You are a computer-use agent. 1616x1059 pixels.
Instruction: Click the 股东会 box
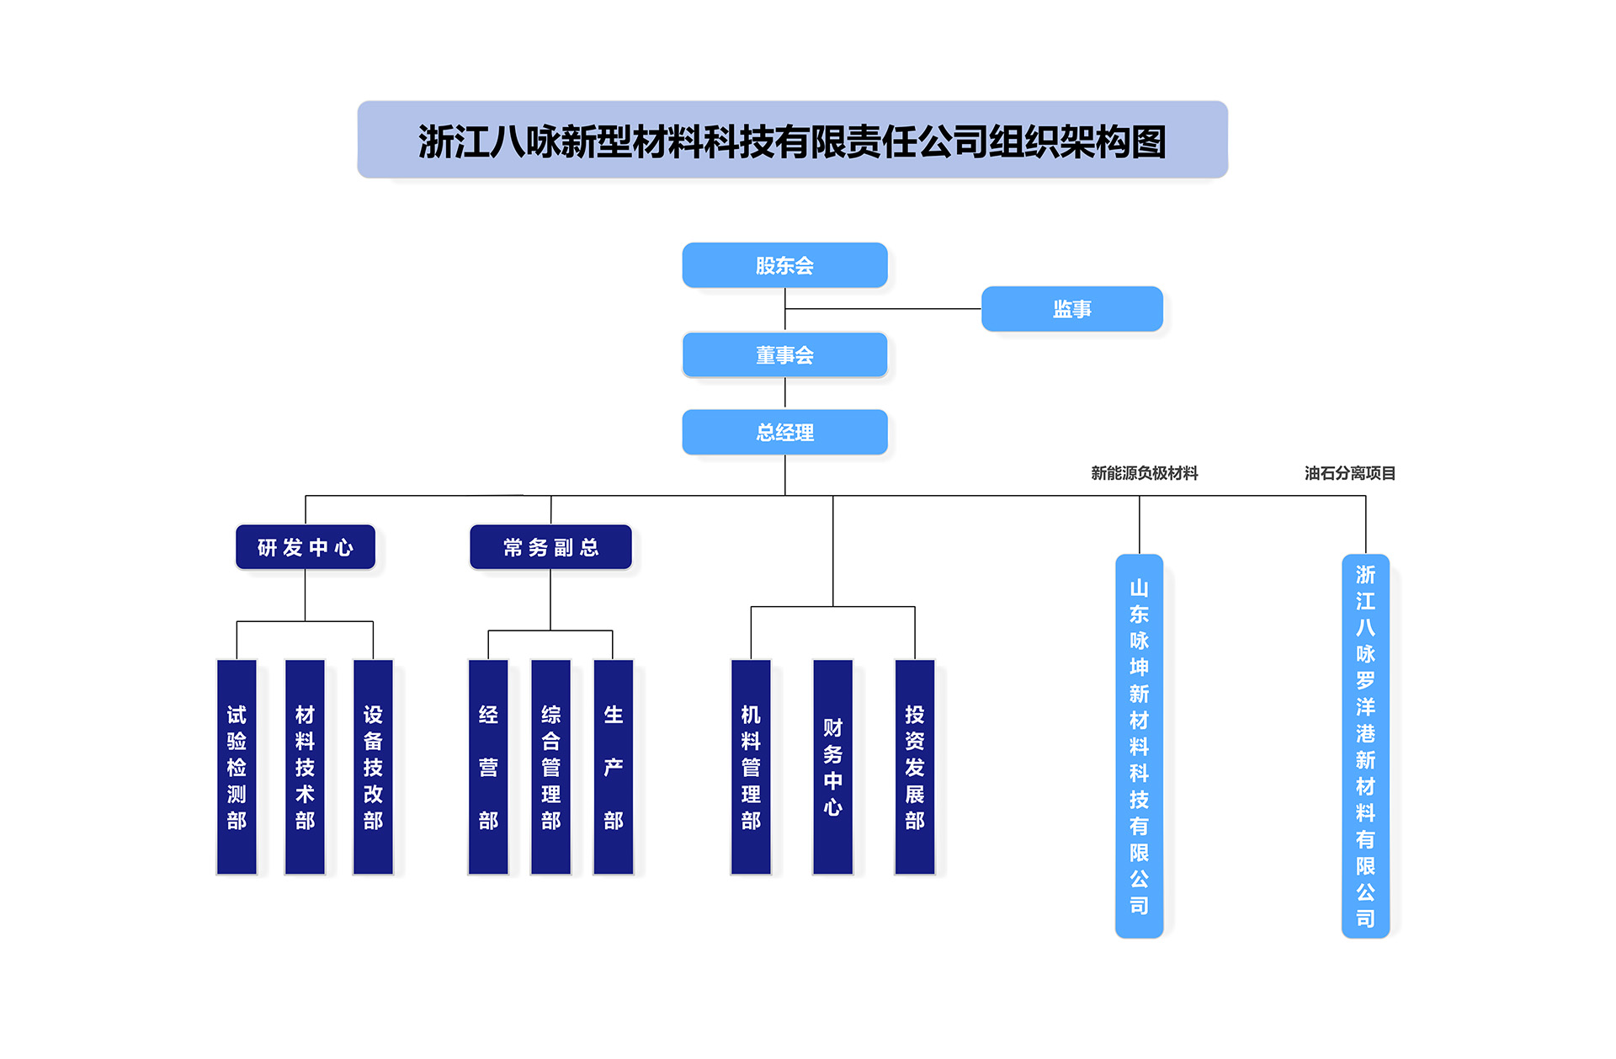pyautogui.click(x=784, y=265)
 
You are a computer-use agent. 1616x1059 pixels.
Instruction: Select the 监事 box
pyautogui.click(x=1071, y=309)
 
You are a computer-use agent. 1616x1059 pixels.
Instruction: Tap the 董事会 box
pyautogui.click(x=784, y=354)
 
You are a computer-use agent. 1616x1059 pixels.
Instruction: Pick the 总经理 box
pyautogui.click(x=784, y=432)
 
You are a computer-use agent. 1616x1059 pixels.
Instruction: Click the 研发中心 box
pyautogui.click(x=305, y=547)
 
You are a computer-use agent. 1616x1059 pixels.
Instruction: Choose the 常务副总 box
pyautogui.click(x=550, y=547)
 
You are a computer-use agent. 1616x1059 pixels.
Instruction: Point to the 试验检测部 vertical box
pyautogui.click(x=237, y=767)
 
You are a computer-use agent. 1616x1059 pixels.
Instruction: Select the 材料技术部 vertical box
pyautogui.click(x=305, y=767)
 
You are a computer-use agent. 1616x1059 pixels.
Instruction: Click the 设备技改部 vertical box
pyautogui.click(x=373, y=767)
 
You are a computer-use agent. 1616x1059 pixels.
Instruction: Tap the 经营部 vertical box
pyautogui.click(x=488, y=767)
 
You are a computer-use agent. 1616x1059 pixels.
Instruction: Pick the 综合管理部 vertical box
pyautogui.click(x=550, y=767)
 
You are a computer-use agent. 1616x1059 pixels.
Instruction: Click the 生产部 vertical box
pyautogui.click(x=613, y=767)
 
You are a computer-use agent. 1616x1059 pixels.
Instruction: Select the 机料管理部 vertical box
pyautogui.click(x=751, y=767)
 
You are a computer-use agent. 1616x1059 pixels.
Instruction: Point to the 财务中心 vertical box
pyautogui.click(x=832, y=767)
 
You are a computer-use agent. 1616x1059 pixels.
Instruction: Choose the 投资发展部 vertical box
pyautogui.click(x=914, y=767)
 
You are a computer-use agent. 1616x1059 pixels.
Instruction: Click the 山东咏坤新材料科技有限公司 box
pyautogui.click(x=1139, y=746)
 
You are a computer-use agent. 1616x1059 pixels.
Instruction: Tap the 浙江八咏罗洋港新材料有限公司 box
pyautogui.click(x=1365, y=746)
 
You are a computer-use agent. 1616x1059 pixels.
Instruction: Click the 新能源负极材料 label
pyautogui.click(x=1144, y=473)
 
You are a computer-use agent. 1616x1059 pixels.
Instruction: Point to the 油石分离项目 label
pyautogui.click(x=1349, y=473)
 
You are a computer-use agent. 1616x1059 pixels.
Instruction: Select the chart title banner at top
pyautogui.click(x=792, y=140)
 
